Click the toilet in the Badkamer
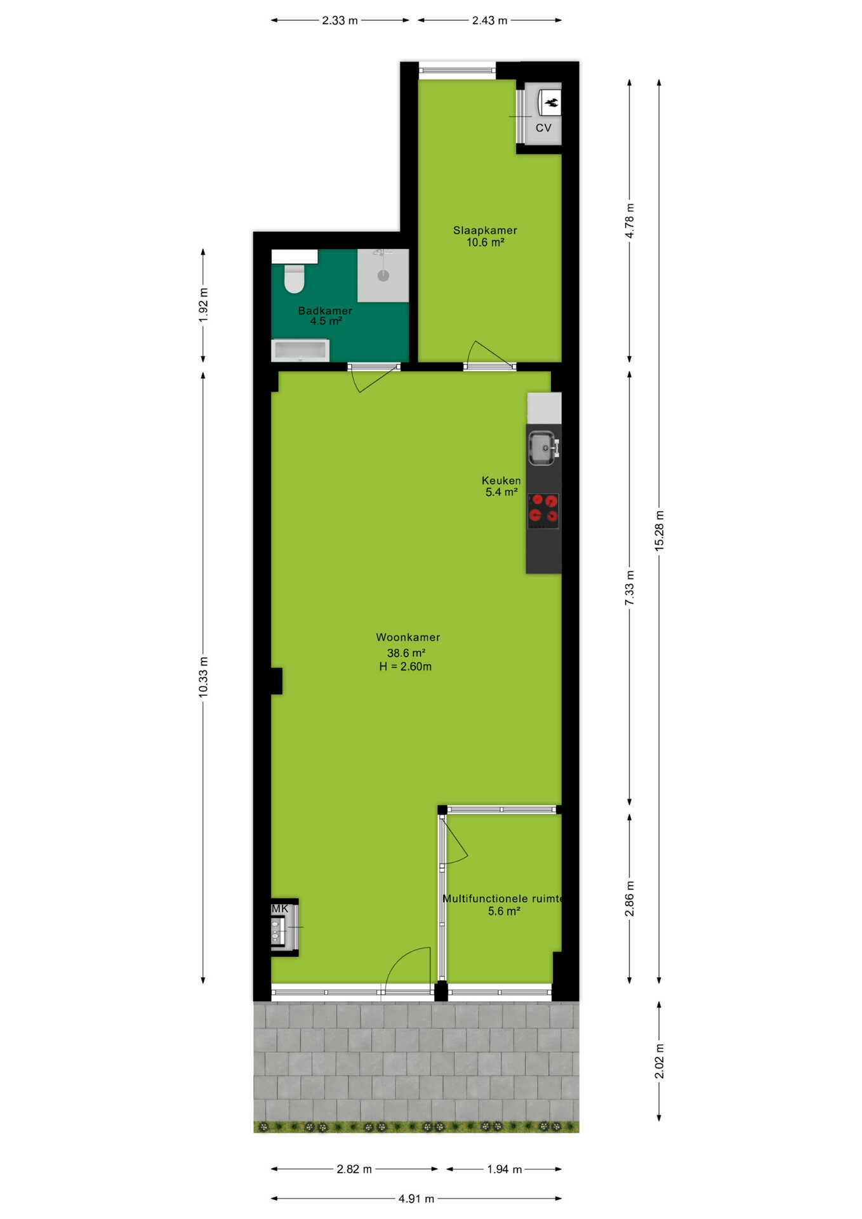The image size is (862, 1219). click(x=295, y=279)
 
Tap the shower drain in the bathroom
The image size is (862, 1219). click(x=383, y=276)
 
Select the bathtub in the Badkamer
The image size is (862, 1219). click(x=300, y=350)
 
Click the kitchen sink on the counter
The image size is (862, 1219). click(x=543, y=448)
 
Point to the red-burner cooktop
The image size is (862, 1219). click(x=543, y=511)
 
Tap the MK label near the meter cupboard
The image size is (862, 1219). click(x=280, y=909)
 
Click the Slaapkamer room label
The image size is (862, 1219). click(x=485, y=230)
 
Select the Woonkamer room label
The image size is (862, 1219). click(x=408, y=637)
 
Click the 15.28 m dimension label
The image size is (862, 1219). click(x=660, y=530)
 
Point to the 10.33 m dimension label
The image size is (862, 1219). click(x=203, y=677)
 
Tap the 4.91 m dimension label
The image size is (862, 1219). click(x=416, y=1199)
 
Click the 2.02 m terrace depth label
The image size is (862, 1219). click(x=660, y=1061)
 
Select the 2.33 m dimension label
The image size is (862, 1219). click(x=340, y=20)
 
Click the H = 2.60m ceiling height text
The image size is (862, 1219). click(x=406, y=667)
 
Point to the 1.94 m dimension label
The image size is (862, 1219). click(x=505, y=1169)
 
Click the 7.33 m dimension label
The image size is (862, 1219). click(x=630, y=588)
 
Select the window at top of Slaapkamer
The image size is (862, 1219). click(x=457, y=70)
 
